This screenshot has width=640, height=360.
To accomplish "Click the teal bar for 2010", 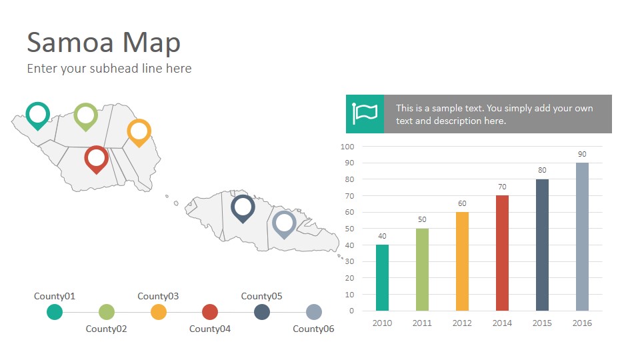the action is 382,277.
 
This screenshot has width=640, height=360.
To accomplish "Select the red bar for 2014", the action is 502,253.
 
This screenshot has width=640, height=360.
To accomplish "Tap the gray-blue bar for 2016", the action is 582,237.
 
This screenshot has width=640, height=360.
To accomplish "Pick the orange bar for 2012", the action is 462,261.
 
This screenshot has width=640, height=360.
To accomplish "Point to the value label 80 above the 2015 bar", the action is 542,170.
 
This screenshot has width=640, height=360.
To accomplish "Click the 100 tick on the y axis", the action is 347,147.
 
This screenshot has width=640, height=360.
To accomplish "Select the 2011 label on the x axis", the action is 422,323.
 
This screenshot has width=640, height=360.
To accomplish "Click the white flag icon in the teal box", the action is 365,113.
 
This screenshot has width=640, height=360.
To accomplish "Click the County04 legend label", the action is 210,329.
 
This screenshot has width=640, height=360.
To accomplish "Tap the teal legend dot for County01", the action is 55,312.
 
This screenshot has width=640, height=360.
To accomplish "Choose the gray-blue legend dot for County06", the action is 314,312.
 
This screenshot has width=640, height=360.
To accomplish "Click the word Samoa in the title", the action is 70,43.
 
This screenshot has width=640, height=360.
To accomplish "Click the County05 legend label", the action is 261,296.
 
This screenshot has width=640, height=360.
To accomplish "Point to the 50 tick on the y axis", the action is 349,229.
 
